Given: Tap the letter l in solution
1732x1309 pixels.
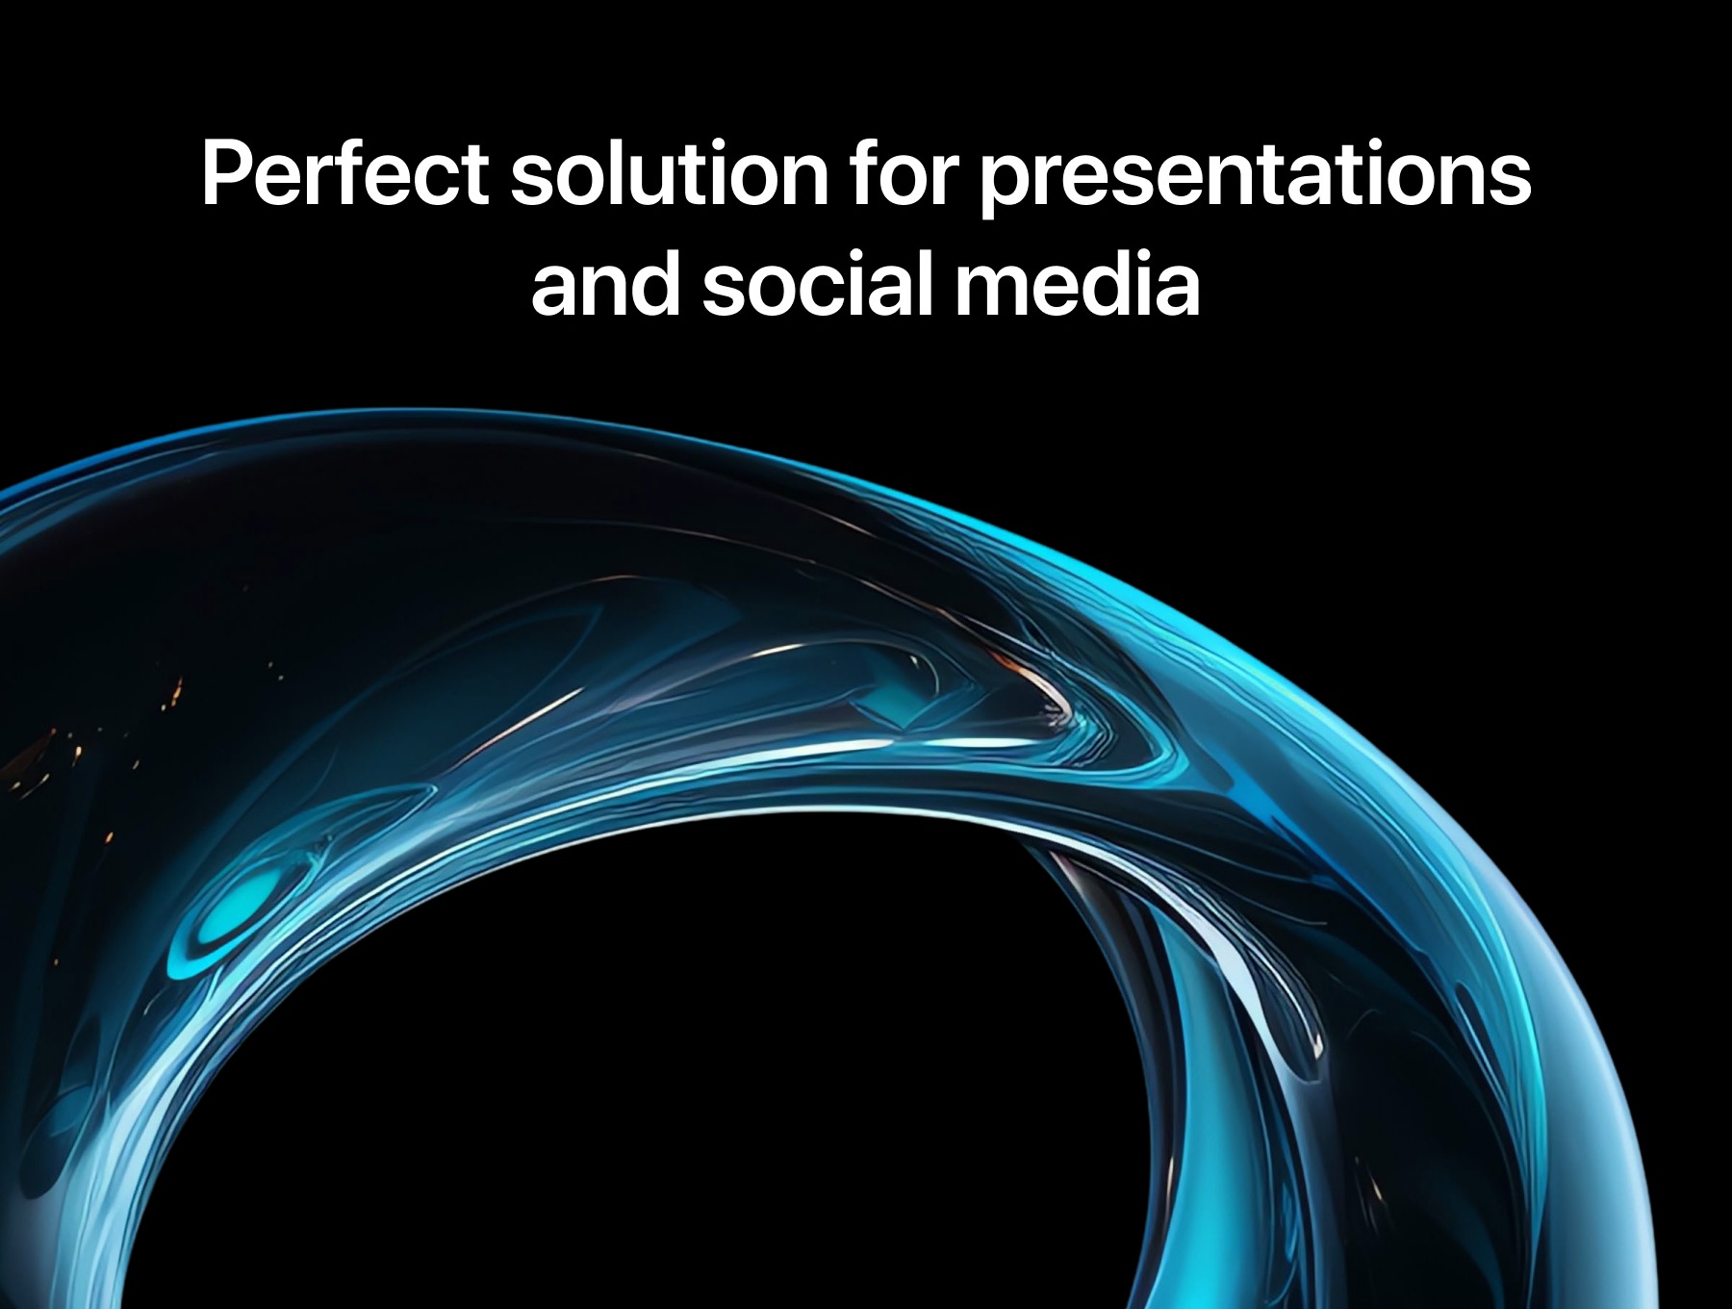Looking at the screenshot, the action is point(616,173).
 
